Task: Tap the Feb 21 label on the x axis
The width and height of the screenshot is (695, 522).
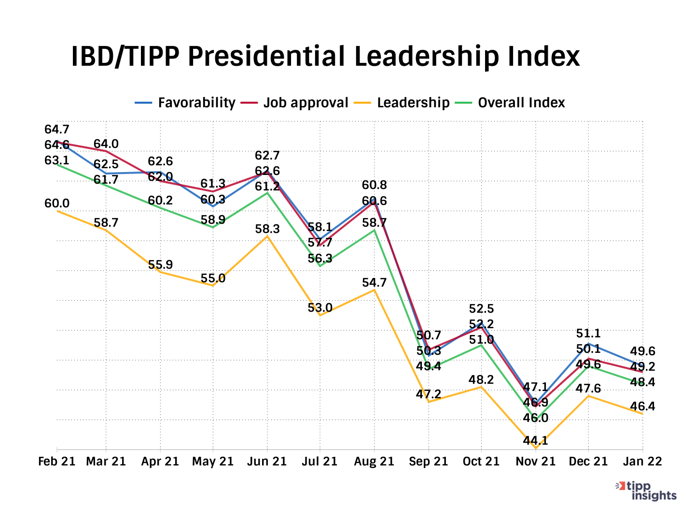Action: click(x=57, y=462)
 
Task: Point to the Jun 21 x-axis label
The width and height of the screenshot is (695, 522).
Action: click(x=267, y=462)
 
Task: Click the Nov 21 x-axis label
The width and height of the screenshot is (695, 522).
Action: click(x=536, y=462)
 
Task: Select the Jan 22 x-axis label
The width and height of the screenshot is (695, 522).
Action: click(x=642, y=462)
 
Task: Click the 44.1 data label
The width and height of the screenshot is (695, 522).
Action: click(x=536, y=440)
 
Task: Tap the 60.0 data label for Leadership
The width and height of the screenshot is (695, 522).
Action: click(x=57, y=203)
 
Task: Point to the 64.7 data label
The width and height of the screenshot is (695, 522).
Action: click(x=57, y=130)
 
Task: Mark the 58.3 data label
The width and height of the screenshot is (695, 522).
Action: click(x=267, y=229)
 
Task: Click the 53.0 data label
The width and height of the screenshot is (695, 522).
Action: click(x=320, y=307)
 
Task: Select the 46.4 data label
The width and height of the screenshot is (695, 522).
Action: click(x=643, y=406)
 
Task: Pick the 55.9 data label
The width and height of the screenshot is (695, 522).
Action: click(x=160, y=265)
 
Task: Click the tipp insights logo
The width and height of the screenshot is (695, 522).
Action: click(x=647, y=491)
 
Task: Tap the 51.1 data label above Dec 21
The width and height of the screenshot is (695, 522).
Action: click(x=588, y=333)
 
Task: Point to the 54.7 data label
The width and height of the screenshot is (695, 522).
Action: click(x=375, y=282)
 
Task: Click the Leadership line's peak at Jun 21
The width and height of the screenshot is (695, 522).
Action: click(x=267, y=236)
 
